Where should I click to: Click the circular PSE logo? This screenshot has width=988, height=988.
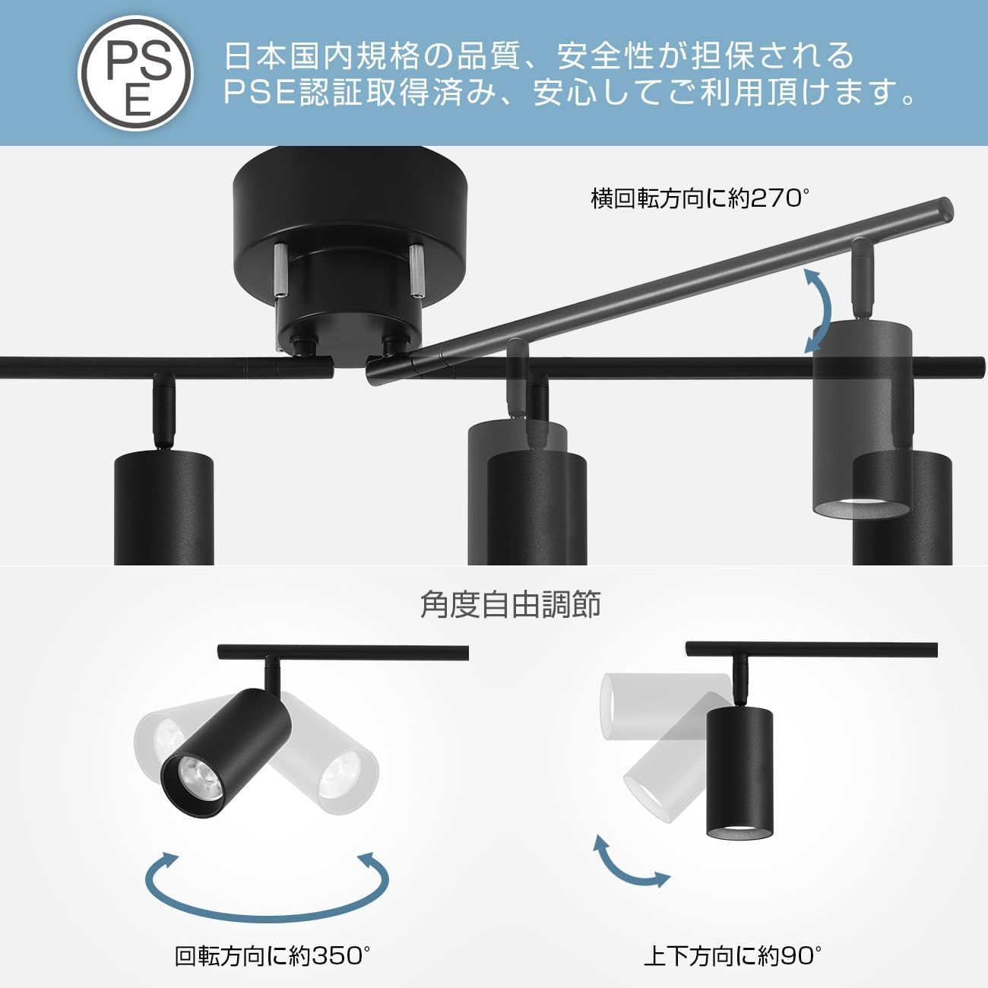point(135,73)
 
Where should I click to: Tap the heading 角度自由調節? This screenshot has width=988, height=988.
point(510,605)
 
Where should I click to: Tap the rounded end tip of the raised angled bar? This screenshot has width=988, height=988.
point(946,211)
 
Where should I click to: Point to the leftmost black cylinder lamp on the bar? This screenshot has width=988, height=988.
point(163,508)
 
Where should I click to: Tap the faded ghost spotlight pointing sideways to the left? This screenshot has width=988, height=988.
point(667,707)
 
